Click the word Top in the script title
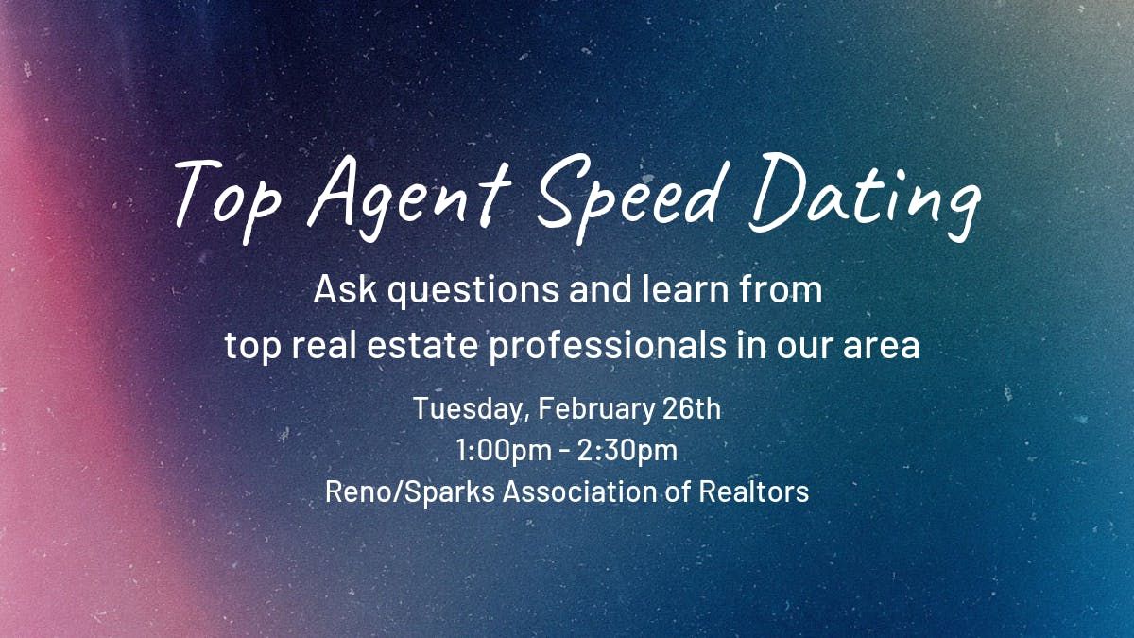pyautogui.click(x=228, y=200)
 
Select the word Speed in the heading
pyautogui.click(x=628, y=198)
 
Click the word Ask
pyautogui.click(x=345, y=289)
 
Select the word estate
pyautogui.click(x=422, y=345)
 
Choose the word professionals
pyautogui.click(x=608, y=346)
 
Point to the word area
pyautogui.click(x=881, y=347)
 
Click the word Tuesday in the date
pyautogui.click(x=469, y=409)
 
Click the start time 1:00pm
pyautogui.click(x=504, y=451)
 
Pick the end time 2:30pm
pyautogui.click(x=627, y=451)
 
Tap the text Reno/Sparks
pyautogui.click(x=410, y=492)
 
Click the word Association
pyautogui.click(x=579, y=491)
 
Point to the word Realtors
pyautogui.click(x=754, y=491)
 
